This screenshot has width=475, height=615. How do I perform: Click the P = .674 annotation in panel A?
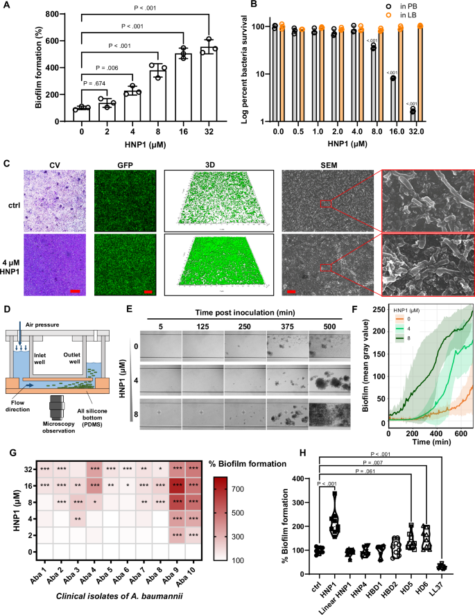[94, 84]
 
